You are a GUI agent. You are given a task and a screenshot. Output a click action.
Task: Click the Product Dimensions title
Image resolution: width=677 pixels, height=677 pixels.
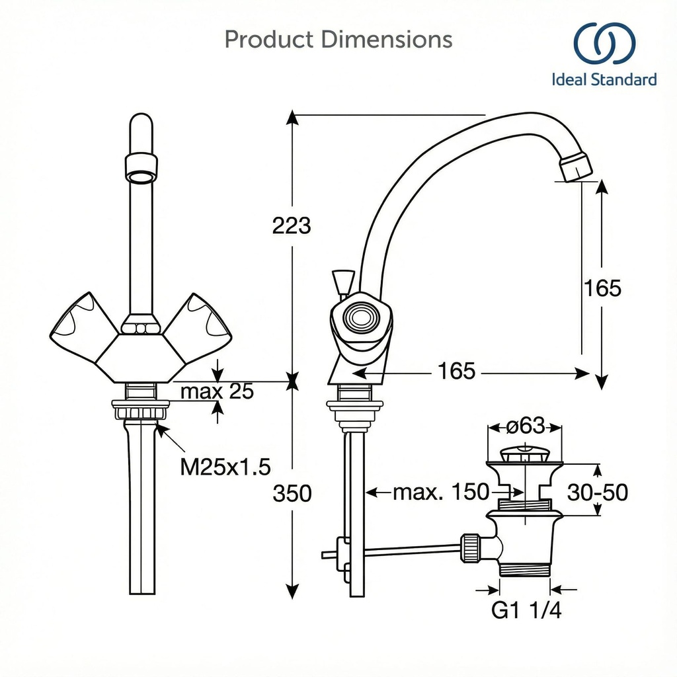pos(338,40)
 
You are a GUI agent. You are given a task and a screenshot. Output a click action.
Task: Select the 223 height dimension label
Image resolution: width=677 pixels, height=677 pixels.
pos(292,226)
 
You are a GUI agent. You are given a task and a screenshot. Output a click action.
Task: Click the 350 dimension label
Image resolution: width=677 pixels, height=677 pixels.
pos(292,493)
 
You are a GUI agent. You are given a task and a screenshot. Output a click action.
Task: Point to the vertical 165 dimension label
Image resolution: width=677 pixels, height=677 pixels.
pos(602,288)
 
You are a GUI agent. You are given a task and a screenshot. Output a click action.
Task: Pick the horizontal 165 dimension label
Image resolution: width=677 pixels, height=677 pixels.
pos(456,372)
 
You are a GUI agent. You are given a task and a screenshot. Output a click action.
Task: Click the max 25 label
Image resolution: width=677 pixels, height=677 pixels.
pos(217,391)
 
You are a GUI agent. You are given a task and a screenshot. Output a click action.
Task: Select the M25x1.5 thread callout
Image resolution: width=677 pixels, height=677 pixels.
pos(225,467)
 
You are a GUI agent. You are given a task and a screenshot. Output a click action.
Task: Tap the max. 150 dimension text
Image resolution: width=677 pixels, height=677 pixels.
pos(441,492)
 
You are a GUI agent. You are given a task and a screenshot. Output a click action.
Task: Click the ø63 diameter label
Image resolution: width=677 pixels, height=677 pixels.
pos(526,426)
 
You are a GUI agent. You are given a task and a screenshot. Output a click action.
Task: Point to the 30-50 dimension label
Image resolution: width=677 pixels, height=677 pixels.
pos(598,492)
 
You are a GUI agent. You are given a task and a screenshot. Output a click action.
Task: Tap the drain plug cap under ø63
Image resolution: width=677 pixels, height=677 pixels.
pos(524,456)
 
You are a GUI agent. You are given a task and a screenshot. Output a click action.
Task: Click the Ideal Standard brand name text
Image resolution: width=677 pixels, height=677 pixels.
pos(604,80)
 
